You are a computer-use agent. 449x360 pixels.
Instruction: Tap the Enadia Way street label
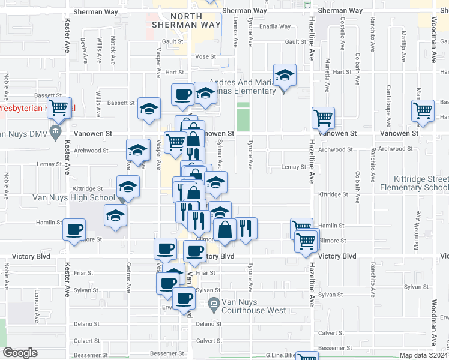pyautogui.click(x=275, y=26)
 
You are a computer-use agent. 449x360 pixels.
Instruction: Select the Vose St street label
pyautogui.click(x=205, y=56)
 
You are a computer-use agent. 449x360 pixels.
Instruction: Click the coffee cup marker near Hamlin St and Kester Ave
pyautogui.click(x=74, y=230)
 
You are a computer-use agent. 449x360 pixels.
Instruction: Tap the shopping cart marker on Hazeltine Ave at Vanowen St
pyautogui.click(x=324, y=118)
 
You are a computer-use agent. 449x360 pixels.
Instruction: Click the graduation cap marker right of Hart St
pyautogui.click(x=285, y=75)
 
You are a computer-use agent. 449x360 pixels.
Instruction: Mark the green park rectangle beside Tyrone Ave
pyautogui.click(x=243, y=116)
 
